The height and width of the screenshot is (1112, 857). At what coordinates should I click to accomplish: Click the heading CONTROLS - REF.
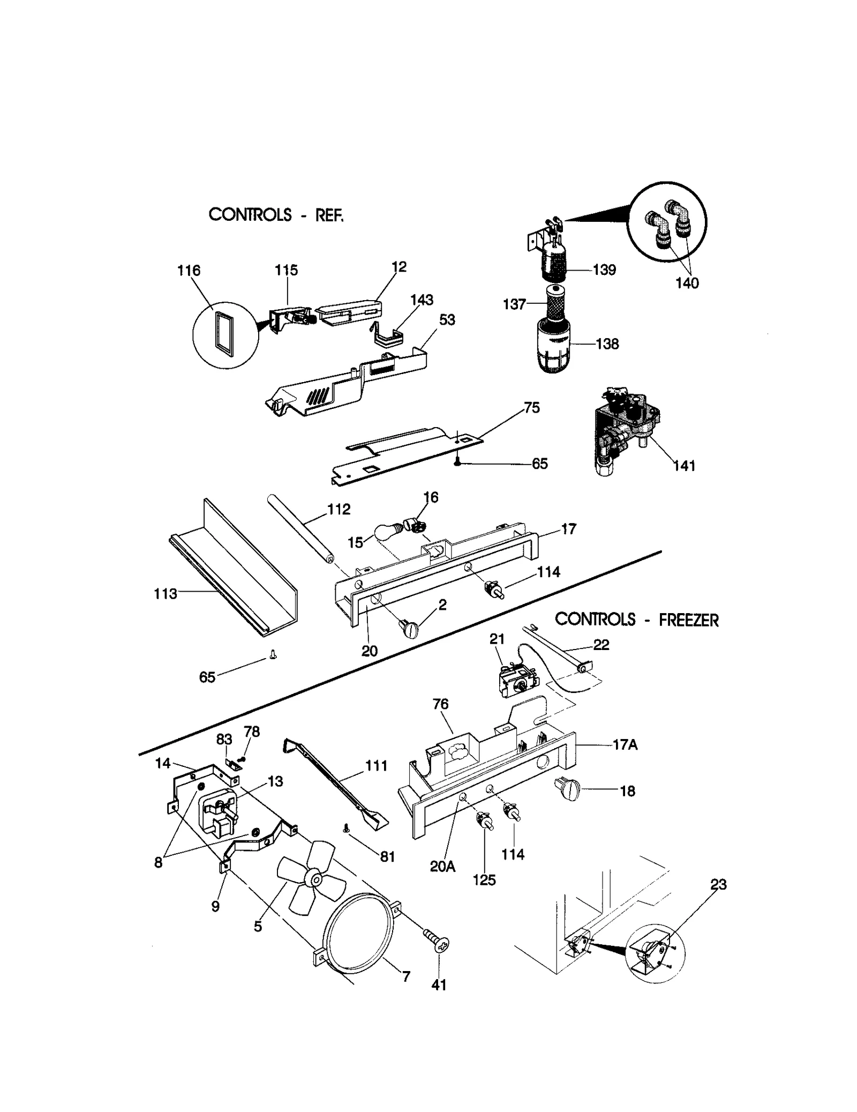275,215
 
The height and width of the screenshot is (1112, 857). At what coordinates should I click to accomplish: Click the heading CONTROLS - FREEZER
636,620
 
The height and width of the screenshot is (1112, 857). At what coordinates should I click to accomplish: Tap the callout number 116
189,271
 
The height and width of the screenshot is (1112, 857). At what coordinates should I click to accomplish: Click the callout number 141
684,466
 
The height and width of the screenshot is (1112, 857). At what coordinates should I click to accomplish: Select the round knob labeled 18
568,790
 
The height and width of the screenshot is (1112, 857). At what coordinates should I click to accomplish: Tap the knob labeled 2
410,628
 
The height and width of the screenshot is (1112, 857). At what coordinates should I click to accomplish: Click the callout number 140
687,283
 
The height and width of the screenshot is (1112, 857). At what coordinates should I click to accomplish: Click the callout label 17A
625,745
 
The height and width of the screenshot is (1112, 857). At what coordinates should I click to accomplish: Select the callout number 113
165,594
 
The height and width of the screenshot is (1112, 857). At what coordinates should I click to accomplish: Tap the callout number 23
718,885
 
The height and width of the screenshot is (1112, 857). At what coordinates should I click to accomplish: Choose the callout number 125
484,880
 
